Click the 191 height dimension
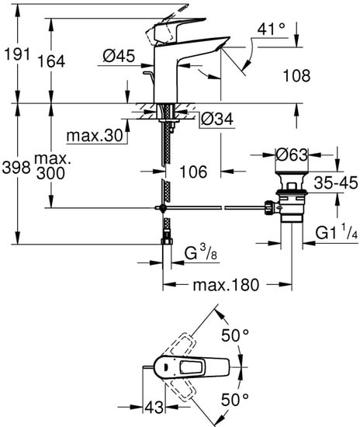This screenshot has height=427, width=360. tap(16, 55)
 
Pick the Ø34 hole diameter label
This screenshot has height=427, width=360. tap(216, 119)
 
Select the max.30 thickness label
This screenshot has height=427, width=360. tap(95, 137)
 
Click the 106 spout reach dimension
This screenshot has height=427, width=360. tap(195, 170)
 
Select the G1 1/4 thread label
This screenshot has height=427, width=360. tap(335, 232)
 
